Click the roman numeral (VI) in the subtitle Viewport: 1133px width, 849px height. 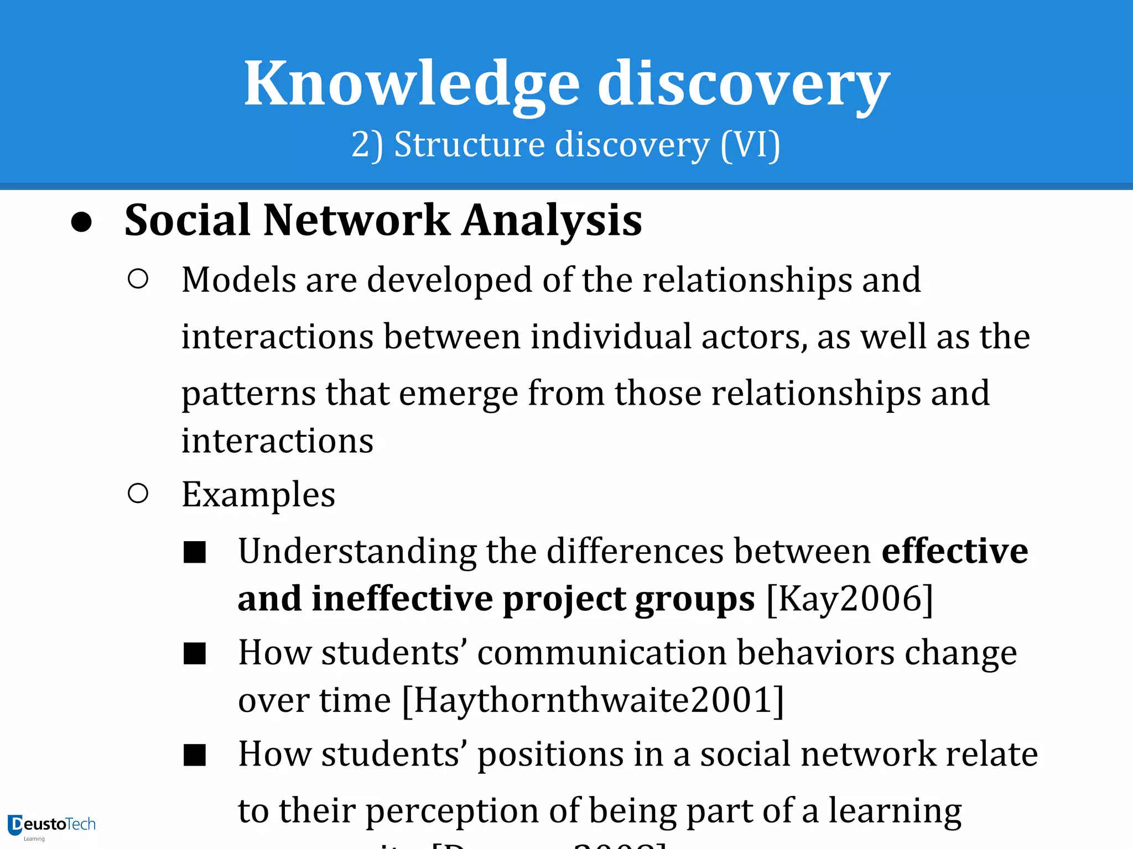pos(750,145)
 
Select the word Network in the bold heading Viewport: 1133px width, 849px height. pos(357,220)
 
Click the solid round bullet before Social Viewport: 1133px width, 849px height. pos(82,222)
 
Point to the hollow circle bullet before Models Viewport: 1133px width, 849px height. pos(138,279)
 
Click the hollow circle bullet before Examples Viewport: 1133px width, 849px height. pos(138,493)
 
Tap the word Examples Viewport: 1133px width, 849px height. pos(258,494)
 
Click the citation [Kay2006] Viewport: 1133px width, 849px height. pos(850,599)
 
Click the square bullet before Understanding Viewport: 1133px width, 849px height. pos(195,552)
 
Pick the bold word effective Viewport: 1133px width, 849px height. pos(954,551)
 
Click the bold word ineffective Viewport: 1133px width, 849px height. pos(402,599)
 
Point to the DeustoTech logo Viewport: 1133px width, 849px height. pos(51,826)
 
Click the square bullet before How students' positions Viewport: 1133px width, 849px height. pos(195,755)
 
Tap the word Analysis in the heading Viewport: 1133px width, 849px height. pos(552,220)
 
